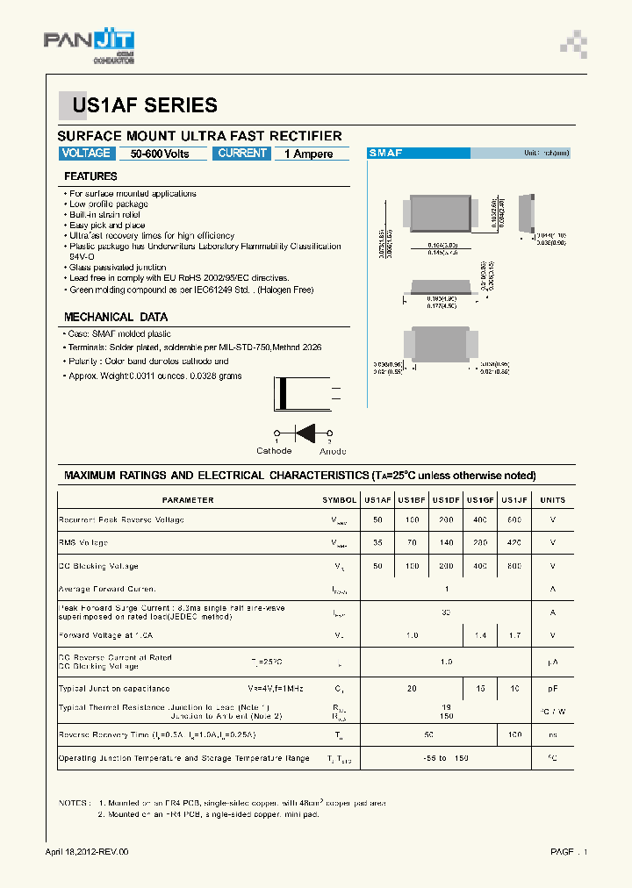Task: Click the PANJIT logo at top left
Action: click(88, 47)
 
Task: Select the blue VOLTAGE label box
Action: click(86, 154)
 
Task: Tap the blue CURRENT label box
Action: click(242, 154)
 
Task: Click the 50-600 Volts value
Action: click(160, 154)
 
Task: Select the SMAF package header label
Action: click(386, 154)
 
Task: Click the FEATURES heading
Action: click(90, 176)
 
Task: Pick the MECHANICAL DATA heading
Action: click(115, 317)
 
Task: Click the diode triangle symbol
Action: click(305, 433)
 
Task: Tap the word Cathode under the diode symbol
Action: click(274, 451)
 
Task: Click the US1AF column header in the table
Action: click(377, 500)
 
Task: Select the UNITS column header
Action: click(553, 500)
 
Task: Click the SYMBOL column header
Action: click(339, 500)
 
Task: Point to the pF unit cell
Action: click(553, 689)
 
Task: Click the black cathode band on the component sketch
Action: click(282, 393)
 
